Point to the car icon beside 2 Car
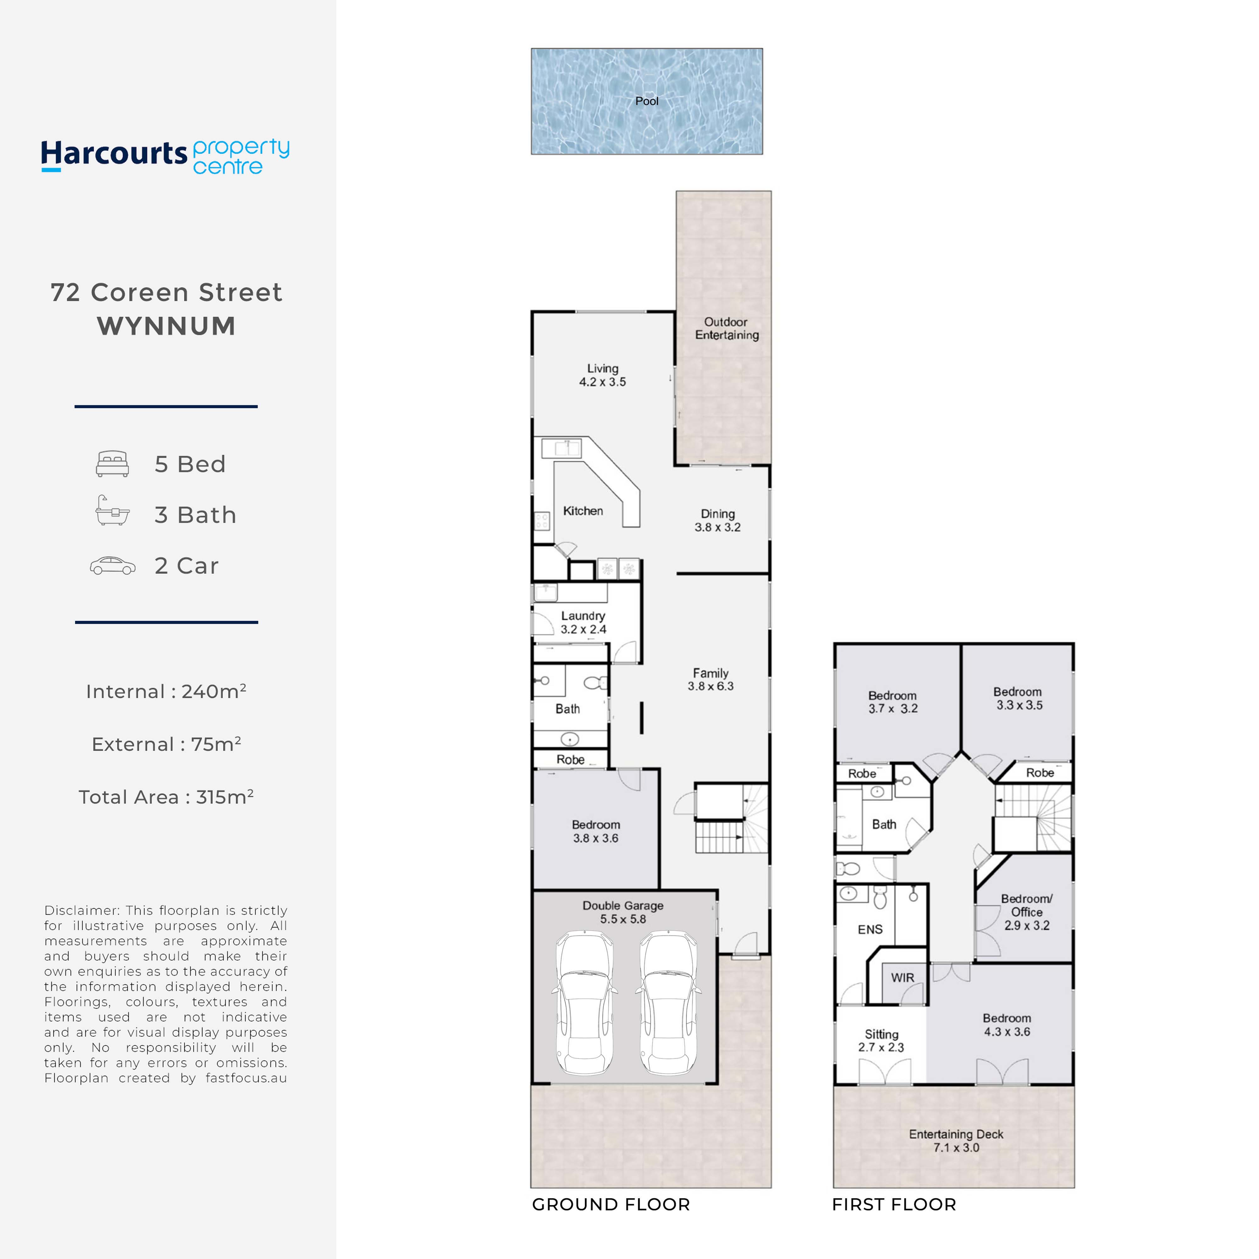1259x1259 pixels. (113, 566)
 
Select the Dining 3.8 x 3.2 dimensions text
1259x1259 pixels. (717, 527)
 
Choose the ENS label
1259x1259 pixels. (870, 929)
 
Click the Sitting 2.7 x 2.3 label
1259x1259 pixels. (881, 1041)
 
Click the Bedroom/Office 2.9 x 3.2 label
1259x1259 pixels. (1026, 912)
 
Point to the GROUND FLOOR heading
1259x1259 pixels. (610, 1204)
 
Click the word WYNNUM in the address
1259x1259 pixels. (166, 326)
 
